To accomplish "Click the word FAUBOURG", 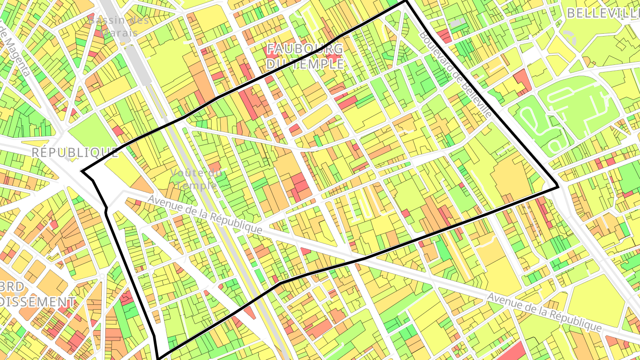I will [x=304, y=49].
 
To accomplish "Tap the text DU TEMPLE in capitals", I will [x=305, y=64].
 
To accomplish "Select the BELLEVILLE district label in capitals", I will [x=603, y=13].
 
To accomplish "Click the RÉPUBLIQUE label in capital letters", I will [x=75, y=153].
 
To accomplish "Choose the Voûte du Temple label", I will [x=196, y=179].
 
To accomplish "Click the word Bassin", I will [x=105, y=20].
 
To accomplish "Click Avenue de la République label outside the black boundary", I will [x=544, y=312].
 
